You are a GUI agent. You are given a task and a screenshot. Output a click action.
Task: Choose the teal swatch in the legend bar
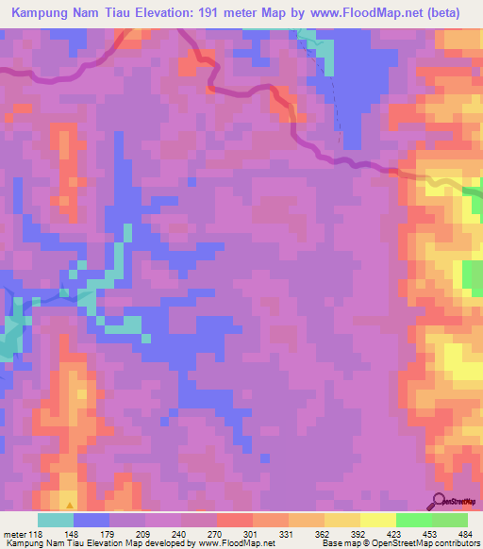[x=56, y=520]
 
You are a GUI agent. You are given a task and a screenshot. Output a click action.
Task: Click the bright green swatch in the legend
[x=414, y=520]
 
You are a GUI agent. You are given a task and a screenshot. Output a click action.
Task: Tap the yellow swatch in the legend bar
[x=378, y=520]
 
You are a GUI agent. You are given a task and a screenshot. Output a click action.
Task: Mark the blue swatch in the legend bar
[x=92, y=520]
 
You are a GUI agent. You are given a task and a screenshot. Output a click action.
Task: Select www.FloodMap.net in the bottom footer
[x=230, y=544]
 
